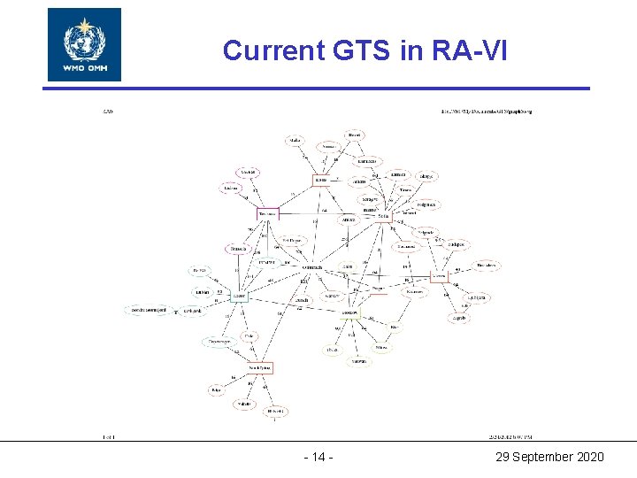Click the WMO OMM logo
(84, 44)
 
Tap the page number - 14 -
(318, 457)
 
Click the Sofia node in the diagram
(382, 216)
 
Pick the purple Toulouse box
(268, 213)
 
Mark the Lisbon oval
(232, 188)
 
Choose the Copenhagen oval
(219, 342)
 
